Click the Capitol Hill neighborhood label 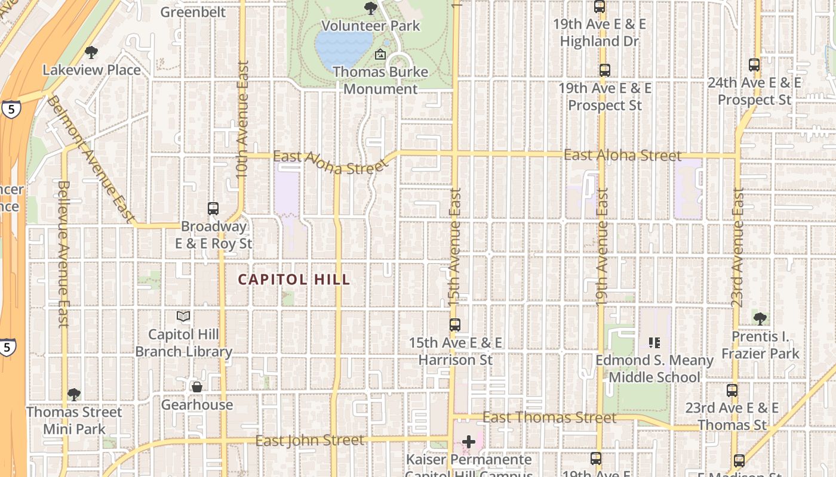[x=294, y=280]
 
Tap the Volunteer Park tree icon [x=371, y=8]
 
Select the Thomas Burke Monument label [x=380, y=80]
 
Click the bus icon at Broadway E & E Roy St [x=213, y=209]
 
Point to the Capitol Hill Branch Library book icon [x=183, y=316]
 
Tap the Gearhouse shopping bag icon [x=197, y=387]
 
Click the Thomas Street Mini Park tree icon [x=74, y=394]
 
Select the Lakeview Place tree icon [x=91, y=52]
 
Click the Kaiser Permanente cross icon [x=469, y=442]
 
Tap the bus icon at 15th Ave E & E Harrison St [x=455, y=325]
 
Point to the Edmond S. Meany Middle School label [x=654, y=368]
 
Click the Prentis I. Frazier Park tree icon [x=760, y=318]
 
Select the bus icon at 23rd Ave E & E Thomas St [x=732, y=391]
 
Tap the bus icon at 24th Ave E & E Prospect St [x=754, y=65]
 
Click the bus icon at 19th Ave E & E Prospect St [x=605, y=70]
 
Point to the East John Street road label [x=309, y=441]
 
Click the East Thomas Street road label [x=549, y=417]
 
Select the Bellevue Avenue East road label [x=63, y=253]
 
